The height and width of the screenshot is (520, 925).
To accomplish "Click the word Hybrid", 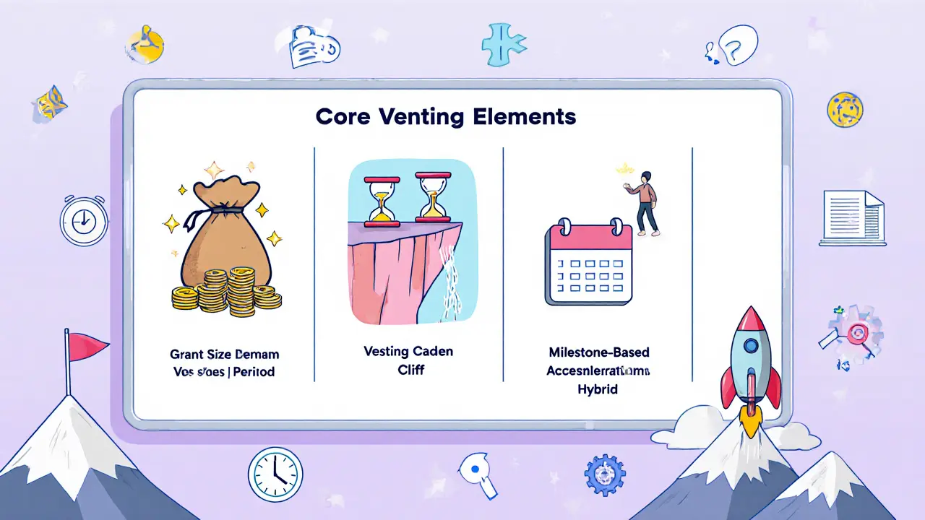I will [598, 389].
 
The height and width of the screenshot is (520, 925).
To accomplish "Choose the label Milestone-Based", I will [598, 352].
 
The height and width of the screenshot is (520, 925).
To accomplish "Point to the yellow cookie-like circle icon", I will [845, 110].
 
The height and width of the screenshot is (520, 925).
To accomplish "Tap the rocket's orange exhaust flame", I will [752, 422].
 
